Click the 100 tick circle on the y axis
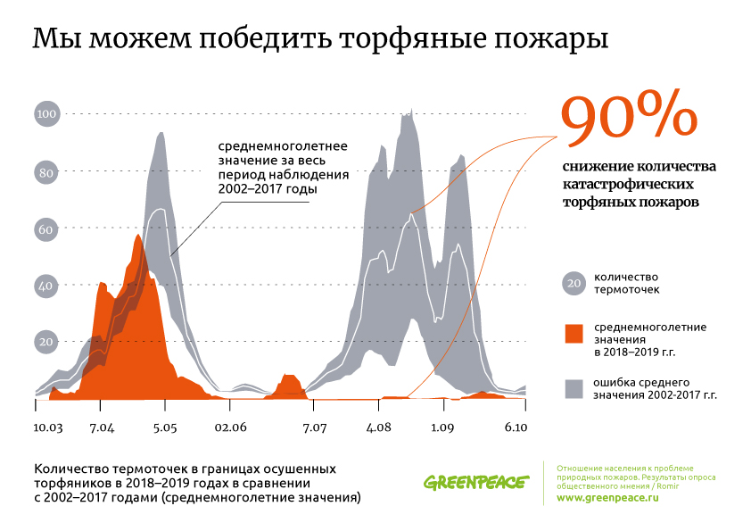click(46, 114)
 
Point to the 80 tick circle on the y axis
click(46, 172)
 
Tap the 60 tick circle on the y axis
click(46, 229)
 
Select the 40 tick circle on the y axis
click(46, 286)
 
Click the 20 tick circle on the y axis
click(46, 342)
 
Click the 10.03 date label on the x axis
click(48, 428)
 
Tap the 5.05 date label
click(165, 428)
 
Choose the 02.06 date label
click(230, 428)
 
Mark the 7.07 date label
click(316, 428)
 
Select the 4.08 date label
click(379, 428)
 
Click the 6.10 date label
click(516, 428)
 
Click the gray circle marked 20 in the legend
click(574, 284)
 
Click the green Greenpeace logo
click(475, 483)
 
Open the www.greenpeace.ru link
click(607, 498)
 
